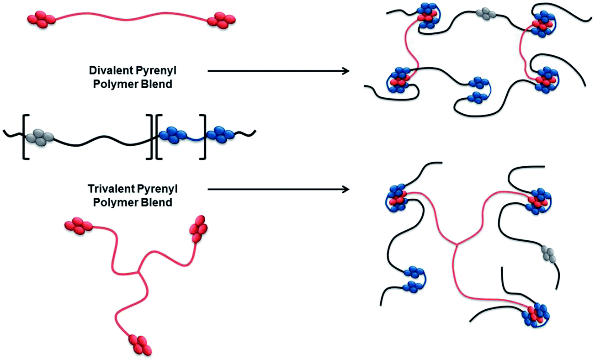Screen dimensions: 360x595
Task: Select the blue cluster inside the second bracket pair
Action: click(172, 135)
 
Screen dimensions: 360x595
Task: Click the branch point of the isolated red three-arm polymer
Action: click(139, 273)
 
